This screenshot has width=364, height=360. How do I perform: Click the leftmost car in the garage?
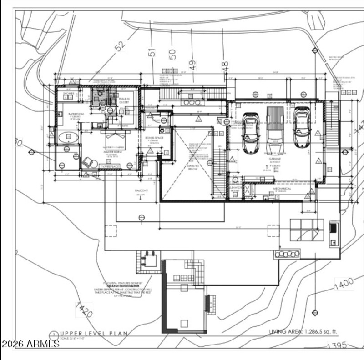pos(251,132)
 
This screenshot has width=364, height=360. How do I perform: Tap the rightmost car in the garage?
pos(301,129)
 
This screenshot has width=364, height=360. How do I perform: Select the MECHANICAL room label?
pos(282,189)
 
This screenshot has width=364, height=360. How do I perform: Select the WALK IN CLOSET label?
pos(124,100)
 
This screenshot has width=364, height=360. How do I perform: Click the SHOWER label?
pos(69,94)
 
